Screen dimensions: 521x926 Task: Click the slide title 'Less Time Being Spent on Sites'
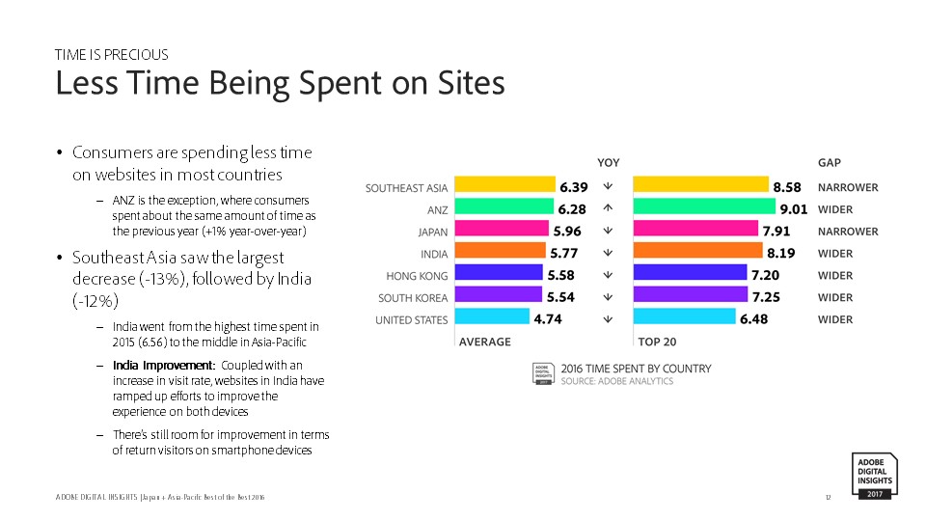(x=280, y=84)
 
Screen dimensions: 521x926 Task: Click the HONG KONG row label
(x=417, y=275)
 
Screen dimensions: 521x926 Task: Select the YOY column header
(x=609, y=162)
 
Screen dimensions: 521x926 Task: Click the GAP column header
(x=830, y=162)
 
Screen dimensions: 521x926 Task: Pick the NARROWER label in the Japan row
(x=848, y=232)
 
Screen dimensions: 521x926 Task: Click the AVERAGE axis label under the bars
(x=485, y=342)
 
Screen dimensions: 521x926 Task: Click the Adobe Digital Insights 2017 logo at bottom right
(x=875, y=476)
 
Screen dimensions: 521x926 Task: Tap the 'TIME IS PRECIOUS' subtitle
(x=112, y=55)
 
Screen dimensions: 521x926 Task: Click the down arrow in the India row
(x=608, y=253)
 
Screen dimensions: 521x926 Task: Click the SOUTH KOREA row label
(x=413, y=298)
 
